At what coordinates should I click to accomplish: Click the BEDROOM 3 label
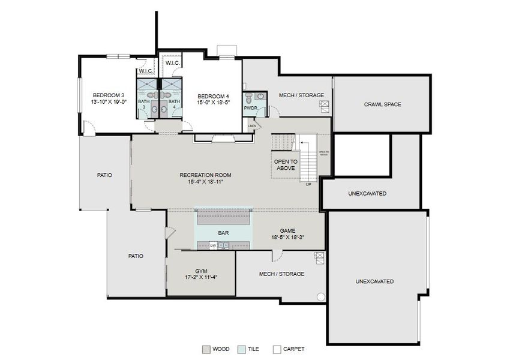point(108,95)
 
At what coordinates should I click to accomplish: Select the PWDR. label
point(250,109)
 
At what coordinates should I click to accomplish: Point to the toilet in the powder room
point(248,98)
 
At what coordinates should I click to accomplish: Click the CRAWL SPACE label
point(382,104)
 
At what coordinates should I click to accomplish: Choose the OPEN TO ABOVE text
point(285,165)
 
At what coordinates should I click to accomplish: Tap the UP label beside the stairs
point(308,184)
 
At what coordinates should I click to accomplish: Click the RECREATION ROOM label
point(205,175)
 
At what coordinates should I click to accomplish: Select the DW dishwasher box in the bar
point(212,245)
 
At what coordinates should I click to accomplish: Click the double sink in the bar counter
point(223,245)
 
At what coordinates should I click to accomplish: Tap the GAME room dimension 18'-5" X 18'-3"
point(287,238)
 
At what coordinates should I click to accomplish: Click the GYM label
point(200,271)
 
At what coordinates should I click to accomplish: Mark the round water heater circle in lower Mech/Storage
point(321,296)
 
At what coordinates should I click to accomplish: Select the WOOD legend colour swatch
point(206,349)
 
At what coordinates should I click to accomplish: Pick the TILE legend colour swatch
point(241,349)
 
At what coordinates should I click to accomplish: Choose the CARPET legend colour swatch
point(277,349)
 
